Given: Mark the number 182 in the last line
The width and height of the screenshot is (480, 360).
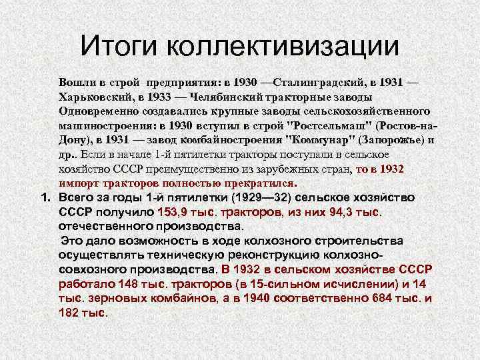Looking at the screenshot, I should (69, 312).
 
